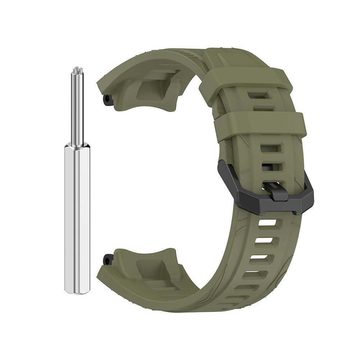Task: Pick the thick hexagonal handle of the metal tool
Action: pyautogui.click(x=77, y=216)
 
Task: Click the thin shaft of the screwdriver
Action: pyautogui.click(x=77, y=108)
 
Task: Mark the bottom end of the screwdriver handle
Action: pyautogui.click(x=77, y=290)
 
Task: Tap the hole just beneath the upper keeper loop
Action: pyautogui.click(x=256, y=95)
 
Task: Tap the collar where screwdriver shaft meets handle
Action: pyautogui.click(x=77, y=145)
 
